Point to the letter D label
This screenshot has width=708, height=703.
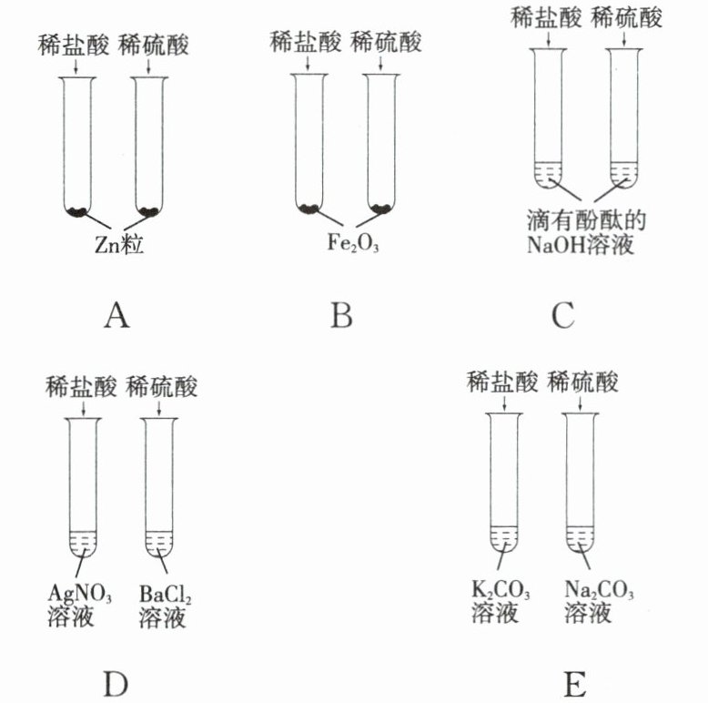tap(116, 682)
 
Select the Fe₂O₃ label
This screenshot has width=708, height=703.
tap(347, 244)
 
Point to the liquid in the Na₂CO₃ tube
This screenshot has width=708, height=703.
tap(580, 538)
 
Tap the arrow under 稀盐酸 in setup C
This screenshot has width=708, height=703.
tap(544, 38)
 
